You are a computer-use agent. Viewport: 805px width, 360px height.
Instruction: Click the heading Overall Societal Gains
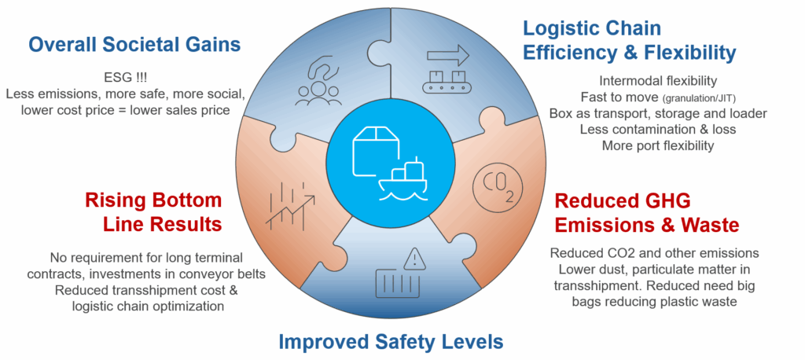point(134,44)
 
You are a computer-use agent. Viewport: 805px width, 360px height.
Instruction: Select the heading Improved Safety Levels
point(391,341)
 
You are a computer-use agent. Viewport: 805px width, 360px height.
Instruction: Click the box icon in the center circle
point(376,149)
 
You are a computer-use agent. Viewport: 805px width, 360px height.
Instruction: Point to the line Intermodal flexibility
point(658,80)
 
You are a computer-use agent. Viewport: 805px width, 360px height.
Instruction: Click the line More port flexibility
point(658,145)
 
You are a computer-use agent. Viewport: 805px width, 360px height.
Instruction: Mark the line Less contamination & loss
point(658,129)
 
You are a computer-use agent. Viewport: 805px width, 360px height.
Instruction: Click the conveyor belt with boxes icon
point(447,79)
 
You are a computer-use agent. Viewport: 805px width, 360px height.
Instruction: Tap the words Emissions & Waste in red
point(647,226)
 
